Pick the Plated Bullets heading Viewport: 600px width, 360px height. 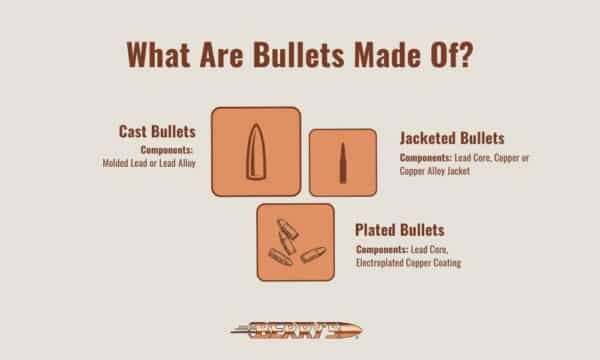tap(401, 228)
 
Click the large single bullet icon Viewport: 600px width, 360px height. tap(256, 150)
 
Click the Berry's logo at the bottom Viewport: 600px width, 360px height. tap(299, 327)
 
